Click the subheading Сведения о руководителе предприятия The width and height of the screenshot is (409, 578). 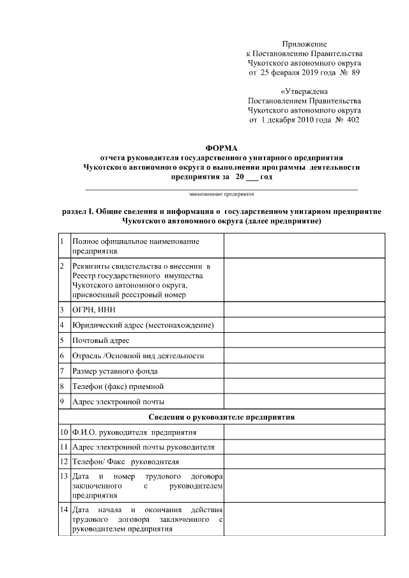pyautogui.click(x=222, y=417)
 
